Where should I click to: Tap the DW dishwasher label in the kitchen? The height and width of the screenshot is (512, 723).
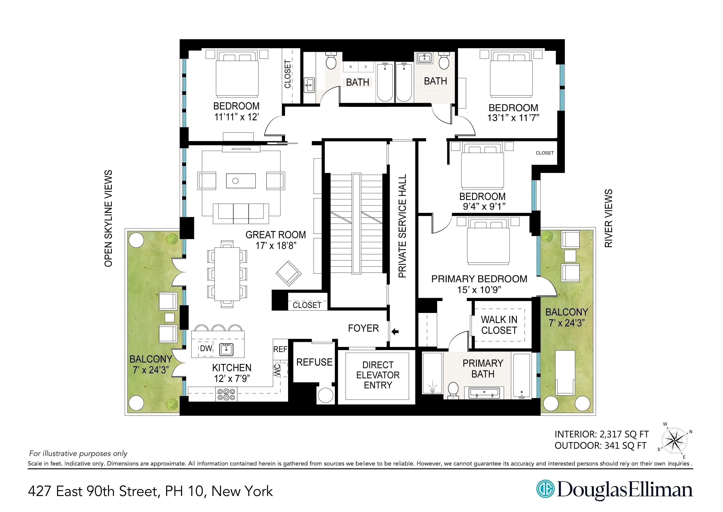206,348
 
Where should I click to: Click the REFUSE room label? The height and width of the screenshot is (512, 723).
314,362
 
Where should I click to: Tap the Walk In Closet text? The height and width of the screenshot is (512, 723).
499,325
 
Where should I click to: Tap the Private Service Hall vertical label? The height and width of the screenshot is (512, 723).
402,226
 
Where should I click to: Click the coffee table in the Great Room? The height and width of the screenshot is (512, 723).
241,181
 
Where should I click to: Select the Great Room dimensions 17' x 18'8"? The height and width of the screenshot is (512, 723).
276,246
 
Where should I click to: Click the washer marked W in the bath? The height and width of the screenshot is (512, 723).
350,67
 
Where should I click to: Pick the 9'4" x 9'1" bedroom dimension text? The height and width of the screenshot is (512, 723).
484,207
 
